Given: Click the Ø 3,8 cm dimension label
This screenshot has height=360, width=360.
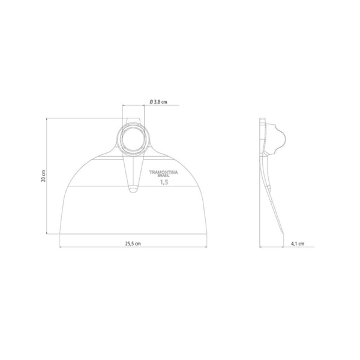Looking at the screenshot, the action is pyautogui.click(x=158, y=102).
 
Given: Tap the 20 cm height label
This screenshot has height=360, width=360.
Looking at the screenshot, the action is pyautogui.click(x=43, y=176).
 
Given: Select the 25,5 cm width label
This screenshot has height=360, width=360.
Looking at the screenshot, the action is pyautogui.click(x=133, y=244).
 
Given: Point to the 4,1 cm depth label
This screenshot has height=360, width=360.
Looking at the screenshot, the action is pyautogui.click(x=298, y=244).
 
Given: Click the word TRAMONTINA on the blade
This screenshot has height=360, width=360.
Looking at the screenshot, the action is pyautogui.click(x=163, y=172).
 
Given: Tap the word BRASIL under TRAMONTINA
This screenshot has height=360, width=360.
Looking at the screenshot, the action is pyautogui.click(x=164, y=176).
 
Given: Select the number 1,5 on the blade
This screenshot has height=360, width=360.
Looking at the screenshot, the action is pyautogui.click(x=164, y=182).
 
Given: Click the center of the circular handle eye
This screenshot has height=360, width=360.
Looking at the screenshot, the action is pyautogui.click(x=133, y=139).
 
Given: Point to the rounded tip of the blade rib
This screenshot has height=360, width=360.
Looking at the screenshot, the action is pyautogui.click(x=133, y=190).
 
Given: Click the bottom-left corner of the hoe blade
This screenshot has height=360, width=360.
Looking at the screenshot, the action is pyautogui.click(x=59, y=234).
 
